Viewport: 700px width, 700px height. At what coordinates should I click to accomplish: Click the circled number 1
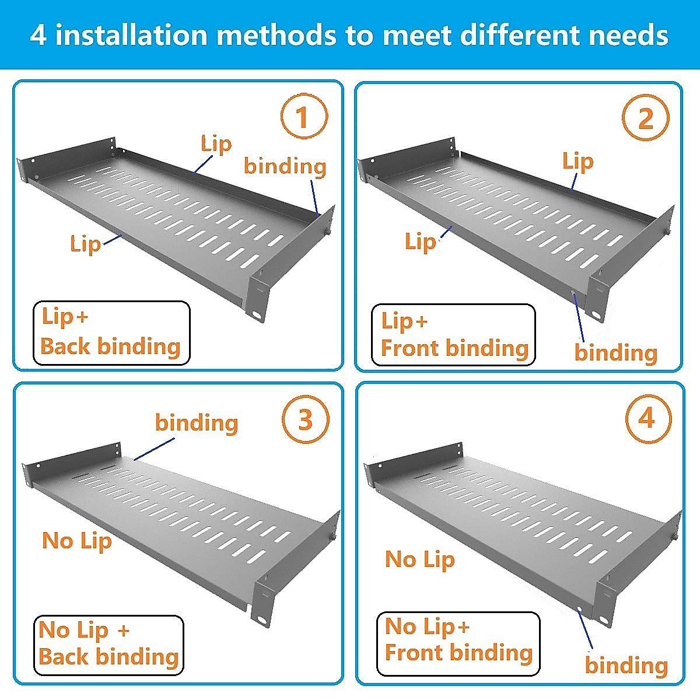[302, 118]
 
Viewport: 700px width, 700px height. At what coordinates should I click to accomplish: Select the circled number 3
[306, 420]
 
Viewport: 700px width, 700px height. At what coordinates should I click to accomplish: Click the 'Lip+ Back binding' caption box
[111, 332]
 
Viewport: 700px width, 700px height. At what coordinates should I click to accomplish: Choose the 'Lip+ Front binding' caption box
[453, 335]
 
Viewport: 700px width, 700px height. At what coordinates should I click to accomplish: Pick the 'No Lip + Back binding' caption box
[108, 645]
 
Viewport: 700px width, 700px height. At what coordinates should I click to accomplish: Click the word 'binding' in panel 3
[197, 423]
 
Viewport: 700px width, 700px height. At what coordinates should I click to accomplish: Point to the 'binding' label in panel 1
[285, 166]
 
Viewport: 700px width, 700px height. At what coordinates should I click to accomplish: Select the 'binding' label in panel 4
[626, 666]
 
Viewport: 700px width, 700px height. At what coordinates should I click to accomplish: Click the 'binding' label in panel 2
[616, 353]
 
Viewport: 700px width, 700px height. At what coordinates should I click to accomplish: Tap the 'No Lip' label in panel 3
[77, 541]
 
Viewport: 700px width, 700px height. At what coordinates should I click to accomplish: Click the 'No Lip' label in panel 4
[420, 560]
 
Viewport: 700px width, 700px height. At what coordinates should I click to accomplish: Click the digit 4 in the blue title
[38, 35]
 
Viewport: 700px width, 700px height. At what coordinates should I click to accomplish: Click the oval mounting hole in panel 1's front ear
[258, 314]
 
